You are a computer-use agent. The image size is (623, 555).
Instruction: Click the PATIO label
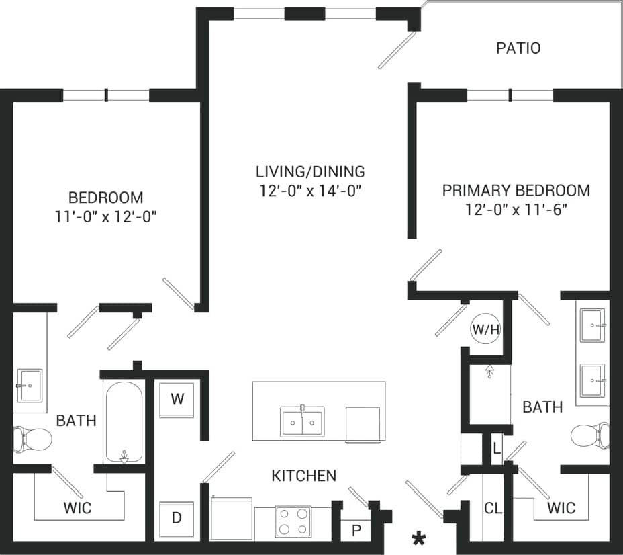coord(518,48)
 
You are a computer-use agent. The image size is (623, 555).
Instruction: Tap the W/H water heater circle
coord(486,329)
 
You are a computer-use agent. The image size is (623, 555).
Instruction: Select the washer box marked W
coord(177,399)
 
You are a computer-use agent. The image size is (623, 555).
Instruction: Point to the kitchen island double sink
coord(302,422)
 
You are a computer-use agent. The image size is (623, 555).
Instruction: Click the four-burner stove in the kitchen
coord(293,521)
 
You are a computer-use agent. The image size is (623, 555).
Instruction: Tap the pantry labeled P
coord(356,529)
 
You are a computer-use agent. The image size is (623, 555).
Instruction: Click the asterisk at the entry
coord(420,538)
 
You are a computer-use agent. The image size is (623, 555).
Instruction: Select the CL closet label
coord(493,508)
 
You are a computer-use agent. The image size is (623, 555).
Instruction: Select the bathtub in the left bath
coord(123,422)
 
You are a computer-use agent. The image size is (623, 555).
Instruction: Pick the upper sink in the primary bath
coord(592,325)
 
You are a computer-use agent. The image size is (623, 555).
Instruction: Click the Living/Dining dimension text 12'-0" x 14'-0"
coord(311,190)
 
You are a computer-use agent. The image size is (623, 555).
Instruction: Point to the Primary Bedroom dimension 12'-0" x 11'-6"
coord(516,209)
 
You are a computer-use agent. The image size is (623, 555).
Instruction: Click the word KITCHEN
coord(303,476)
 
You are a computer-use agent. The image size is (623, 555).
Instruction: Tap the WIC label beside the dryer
coord(77,507)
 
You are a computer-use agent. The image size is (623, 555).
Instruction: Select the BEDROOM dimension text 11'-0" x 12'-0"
coord(105,216)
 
